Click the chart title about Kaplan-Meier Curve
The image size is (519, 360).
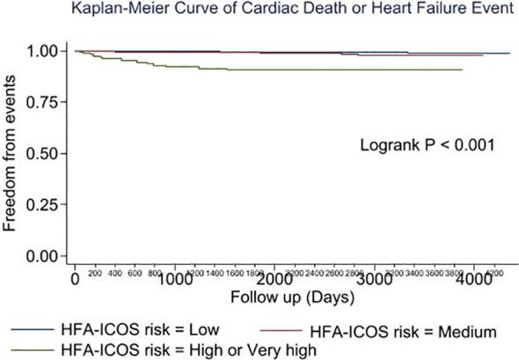pos(259,10)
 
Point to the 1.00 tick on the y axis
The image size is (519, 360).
pos(45,51)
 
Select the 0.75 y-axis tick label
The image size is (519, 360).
pos(45,102)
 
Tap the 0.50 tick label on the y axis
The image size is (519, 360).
pos(45,153)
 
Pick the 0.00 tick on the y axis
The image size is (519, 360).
pos(45,256)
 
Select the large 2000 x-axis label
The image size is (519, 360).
pos(274,279)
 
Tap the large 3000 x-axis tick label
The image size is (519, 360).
pos(375,279)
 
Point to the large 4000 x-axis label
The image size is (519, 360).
pos(474,279)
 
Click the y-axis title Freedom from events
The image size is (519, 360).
pos(12,155)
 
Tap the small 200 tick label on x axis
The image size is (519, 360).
pos(94,274)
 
